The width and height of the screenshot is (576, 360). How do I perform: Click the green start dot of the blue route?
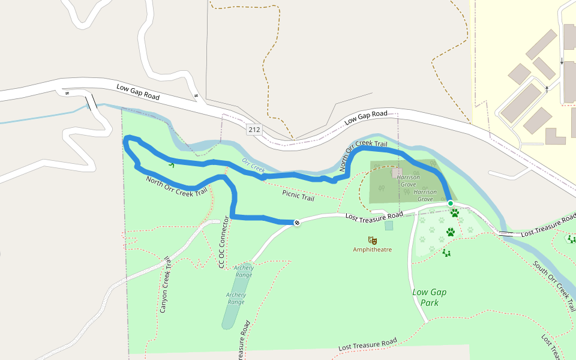coord(450,203)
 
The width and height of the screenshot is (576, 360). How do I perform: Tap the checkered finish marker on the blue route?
coord(296,223)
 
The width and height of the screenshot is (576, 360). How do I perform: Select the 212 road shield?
coord(253,129)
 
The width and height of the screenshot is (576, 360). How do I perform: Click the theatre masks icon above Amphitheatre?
coord(373,241)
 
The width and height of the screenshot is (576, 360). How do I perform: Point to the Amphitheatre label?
coord(372,249)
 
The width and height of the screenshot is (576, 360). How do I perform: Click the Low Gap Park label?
coord(430,298)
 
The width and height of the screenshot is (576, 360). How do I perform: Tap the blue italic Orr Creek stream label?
coord(253,166)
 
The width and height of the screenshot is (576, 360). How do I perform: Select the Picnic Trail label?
coord(298,196)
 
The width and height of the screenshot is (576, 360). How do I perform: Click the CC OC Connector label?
coord(223,242)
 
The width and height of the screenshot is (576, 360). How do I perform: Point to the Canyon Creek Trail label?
coord(165,285)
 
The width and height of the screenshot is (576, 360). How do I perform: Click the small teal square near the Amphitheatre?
coord(389,226)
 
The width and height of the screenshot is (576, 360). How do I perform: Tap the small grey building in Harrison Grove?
coord(397,172)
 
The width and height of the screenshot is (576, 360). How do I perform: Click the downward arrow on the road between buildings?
coord(562,61)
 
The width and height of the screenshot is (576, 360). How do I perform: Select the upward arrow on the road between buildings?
coord(547,89)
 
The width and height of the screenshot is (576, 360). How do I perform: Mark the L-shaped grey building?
coord(555,137)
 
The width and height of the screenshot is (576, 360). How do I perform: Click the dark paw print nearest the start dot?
coord(454,213)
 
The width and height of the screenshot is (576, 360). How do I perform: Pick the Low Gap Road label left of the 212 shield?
coord(138,92)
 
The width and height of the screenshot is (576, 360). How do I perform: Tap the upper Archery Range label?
coord(244,271)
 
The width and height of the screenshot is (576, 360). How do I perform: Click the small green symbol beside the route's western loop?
coord(172,164)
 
